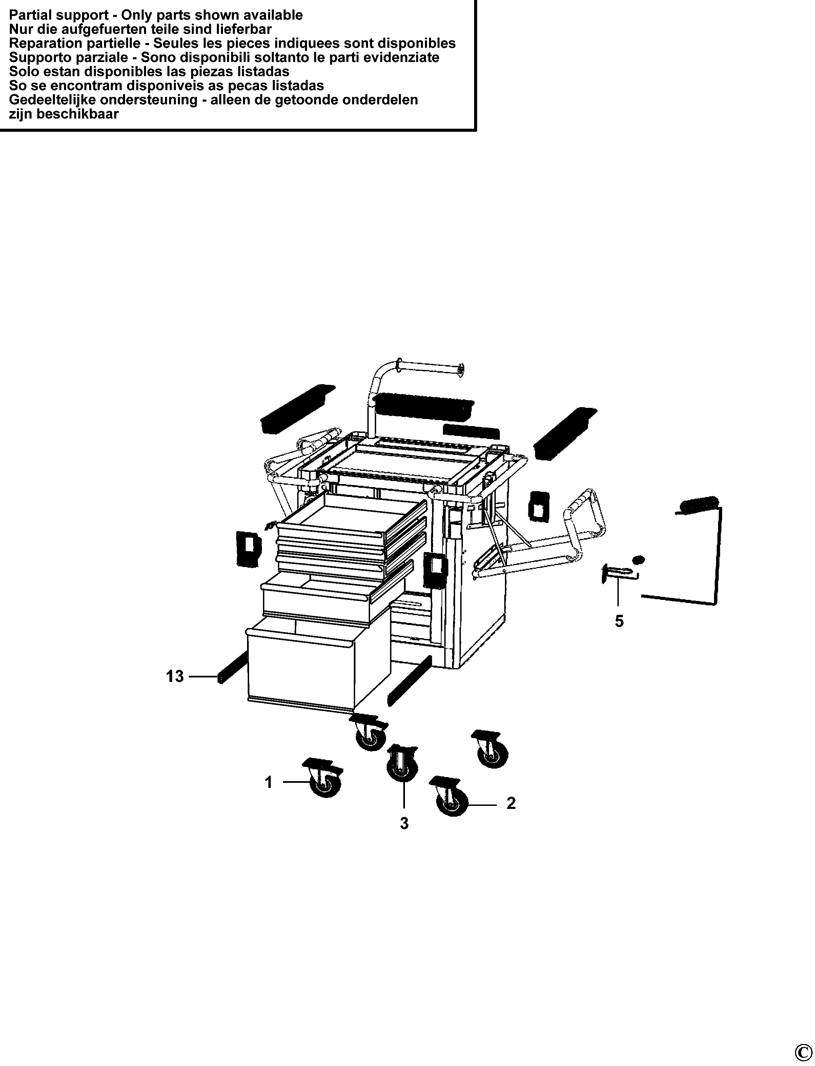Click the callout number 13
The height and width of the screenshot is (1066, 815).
coord(175,676)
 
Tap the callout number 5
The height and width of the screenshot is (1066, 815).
coord(619,621)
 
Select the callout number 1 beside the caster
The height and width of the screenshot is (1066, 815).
coord(269,782)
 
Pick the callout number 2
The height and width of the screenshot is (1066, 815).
coord(511,803)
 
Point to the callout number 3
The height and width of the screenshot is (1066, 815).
coord(404,823)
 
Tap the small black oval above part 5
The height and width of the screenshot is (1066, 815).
coord(639,560)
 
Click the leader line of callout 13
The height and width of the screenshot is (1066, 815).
coord(203,676)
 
